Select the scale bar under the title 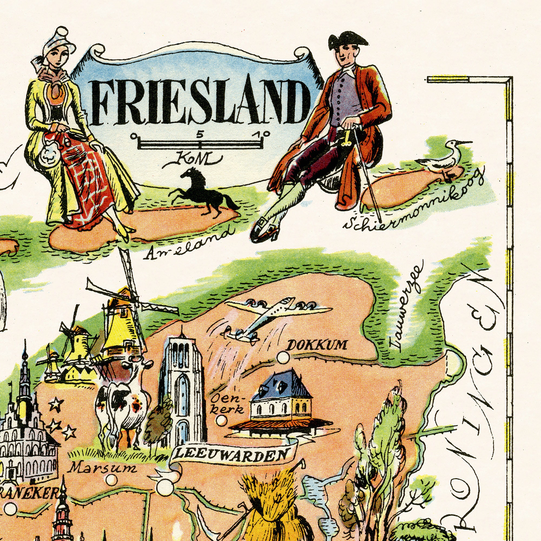(x=200, y=144)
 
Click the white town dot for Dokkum (x=283, y=357)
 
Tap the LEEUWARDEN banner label (x=231, y=455)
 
